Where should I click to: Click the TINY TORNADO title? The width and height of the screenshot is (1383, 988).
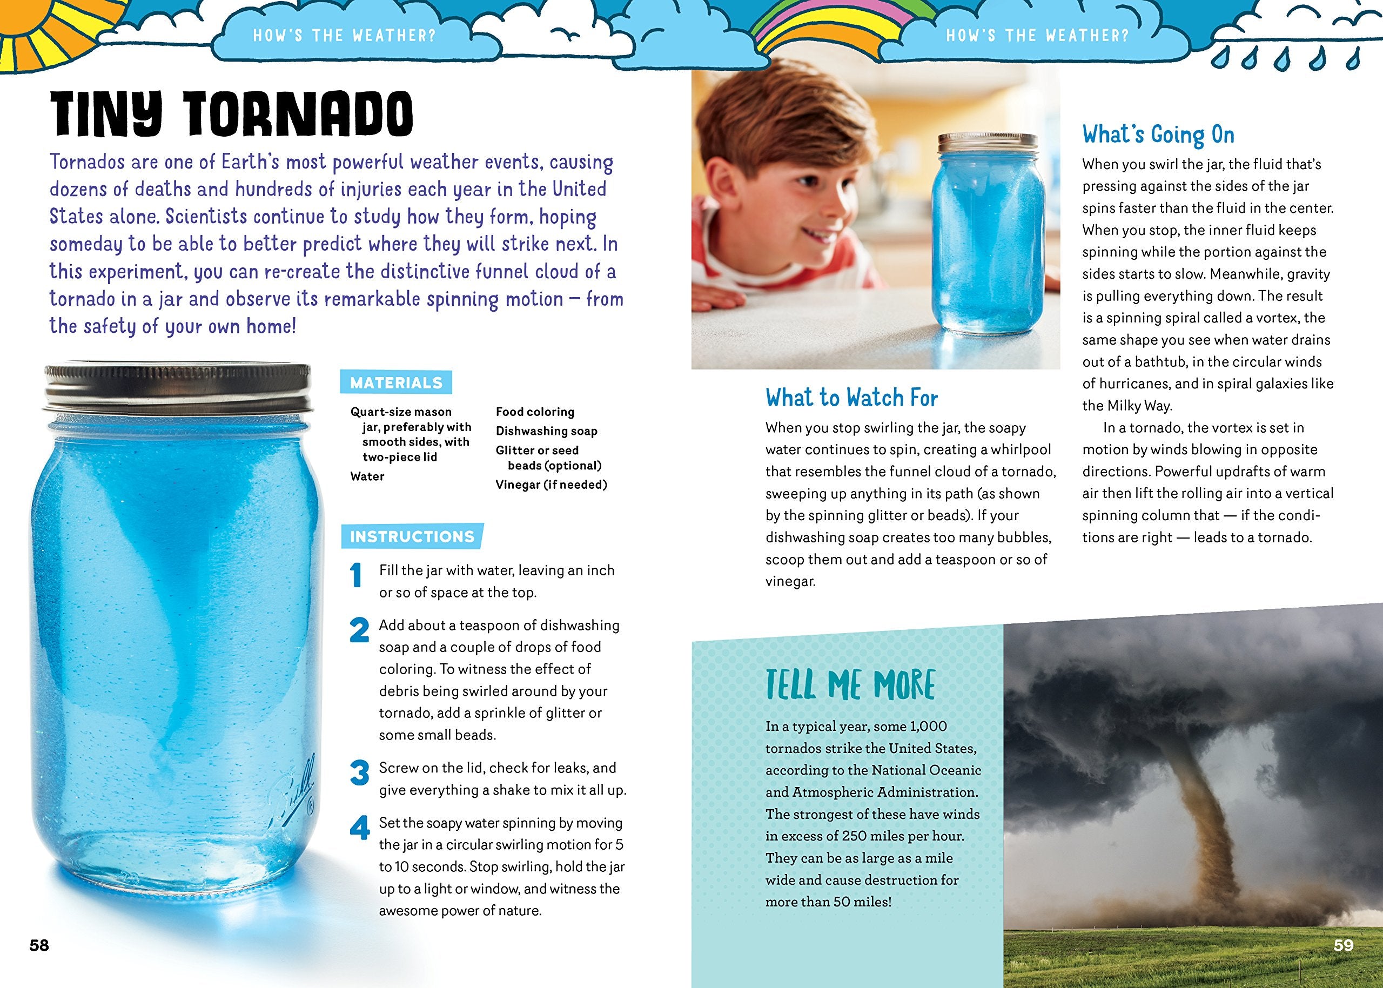(x=231, y=115)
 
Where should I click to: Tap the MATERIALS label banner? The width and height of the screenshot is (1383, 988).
(x=396, y=382)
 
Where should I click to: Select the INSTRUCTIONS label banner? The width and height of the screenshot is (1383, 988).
(x=412, y=536)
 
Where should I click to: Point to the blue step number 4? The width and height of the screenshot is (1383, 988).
(x=360, y=828)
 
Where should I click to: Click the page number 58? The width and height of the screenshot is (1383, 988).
(x=39, y=945)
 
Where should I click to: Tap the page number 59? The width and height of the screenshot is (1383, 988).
(x=1343, y=945)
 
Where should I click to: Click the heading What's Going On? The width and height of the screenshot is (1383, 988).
(x=1158, y=135)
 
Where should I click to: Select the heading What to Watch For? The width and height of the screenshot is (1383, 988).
(x=852, y=398)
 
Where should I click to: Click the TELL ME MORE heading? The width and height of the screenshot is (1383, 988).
(x=850, y=685)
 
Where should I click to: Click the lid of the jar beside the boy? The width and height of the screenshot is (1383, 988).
(x=986, y=144)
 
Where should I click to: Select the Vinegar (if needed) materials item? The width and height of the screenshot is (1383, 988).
(x=551, y=485)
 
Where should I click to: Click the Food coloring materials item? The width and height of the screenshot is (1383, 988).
(x=535, y=412)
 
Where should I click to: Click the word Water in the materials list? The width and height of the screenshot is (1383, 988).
(x=367, y=476)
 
